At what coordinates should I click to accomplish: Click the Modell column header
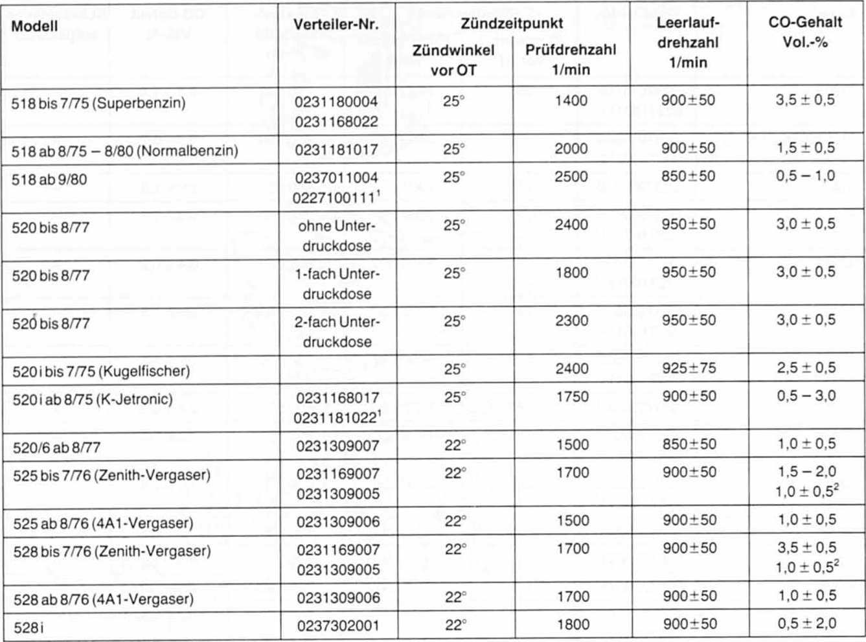point(34,27)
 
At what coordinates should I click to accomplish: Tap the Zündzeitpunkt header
point(512,24)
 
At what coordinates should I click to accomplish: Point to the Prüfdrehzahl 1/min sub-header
point(571,60)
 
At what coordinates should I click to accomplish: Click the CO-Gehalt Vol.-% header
point(805,32)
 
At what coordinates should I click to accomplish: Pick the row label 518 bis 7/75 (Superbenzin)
point(98,103)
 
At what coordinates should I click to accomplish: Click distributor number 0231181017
point(336,150)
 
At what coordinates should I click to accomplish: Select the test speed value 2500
point(571,177)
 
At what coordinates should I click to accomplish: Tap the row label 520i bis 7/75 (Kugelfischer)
point(101,372)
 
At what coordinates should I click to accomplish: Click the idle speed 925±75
point(689,369)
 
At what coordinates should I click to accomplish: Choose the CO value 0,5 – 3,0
point(806,396)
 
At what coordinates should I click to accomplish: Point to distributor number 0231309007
point(337,446)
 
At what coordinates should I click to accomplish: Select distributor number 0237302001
point(337,626)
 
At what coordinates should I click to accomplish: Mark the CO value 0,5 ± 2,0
point(806,624)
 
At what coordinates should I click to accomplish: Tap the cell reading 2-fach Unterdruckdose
point(337,332)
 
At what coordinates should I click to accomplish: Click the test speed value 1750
point(572,396)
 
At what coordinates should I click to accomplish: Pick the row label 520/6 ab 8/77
point(56,447)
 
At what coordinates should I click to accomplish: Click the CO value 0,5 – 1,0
point(806,176)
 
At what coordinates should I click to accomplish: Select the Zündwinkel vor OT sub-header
point(453,60)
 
